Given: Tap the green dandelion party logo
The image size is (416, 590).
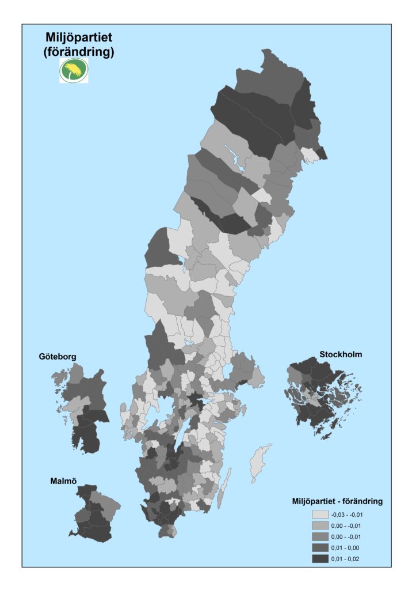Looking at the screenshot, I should coord(74,71).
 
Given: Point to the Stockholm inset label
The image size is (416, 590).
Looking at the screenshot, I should coord(341,354).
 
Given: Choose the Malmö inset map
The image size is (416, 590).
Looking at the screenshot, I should coord(92,514).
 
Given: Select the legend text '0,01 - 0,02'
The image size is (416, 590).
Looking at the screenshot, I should coord(345,558).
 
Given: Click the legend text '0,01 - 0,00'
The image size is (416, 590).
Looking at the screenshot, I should coord(345,547).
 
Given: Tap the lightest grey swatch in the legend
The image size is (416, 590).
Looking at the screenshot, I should coord(320,515).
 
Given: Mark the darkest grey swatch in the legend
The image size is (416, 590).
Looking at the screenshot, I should coord(320,558).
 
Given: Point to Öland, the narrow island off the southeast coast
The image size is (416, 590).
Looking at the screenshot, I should coord(227,482).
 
